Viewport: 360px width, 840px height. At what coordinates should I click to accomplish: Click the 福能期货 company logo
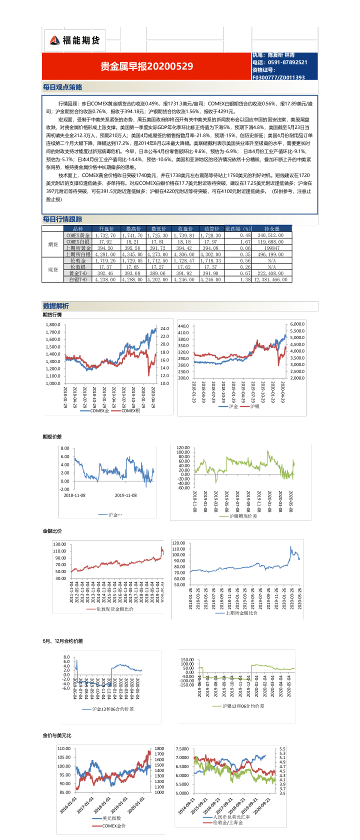pos(75,40)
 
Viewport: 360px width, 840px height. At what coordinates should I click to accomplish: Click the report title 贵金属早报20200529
pos(146,66)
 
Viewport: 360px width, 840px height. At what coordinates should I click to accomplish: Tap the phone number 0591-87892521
pos(287,62)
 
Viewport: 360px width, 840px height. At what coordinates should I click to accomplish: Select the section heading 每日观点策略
pos(62,87)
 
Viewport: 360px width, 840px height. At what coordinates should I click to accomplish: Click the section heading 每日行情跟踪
pos(62,219)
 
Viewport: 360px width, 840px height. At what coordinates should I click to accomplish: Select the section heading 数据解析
pos(56,306)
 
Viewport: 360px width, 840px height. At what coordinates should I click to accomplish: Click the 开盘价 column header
pos(106,228)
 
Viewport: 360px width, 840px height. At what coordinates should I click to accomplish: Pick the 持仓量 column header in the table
pos(272,228)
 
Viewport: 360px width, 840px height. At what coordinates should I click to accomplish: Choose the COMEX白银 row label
pos(78,241)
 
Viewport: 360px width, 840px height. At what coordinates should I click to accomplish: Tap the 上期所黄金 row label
pos(78,248)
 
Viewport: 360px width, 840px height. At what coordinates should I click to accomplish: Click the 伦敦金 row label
pos(78,260)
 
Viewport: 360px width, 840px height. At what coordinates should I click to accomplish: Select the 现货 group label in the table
pos(53,269)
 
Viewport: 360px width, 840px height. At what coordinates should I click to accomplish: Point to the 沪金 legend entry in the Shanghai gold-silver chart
pos(233,406)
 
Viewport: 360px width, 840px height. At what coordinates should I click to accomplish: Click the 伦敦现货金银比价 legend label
pos(114,609)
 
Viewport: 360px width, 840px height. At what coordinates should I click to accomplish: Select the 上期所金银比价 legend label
pos(241,612)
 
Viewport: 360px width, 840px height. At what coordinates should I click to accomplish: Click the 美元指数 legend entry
pos(111,818)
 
